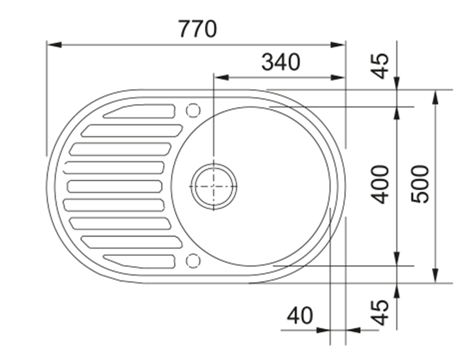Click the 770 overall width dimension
click(198, 29)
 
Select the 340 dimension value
click(281, 62)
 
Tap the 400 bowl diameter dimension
click(380, 185)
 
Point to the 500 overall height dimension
click(420, 184)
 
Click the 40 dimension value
click(300, 315)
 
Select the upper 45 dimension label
click(380, 66)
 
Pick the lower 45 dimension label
click(380, 313)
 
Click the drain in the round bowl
click(214, 186)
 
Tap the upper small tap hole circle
click(193, 110)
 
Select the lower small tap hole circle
click(193, 260)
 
